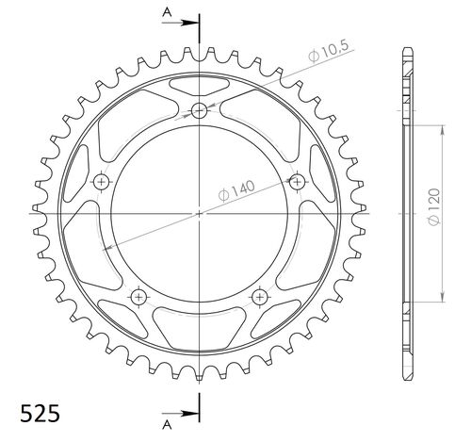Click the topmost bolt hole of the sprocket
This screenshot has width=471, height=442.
point(199,112)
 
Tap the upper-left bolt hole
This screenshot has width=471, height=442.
point(102,181)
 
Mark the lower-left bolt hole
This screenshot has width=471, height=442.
point(139,296)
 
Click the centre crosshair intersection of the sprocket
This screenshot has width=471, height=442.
point(199,214)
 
